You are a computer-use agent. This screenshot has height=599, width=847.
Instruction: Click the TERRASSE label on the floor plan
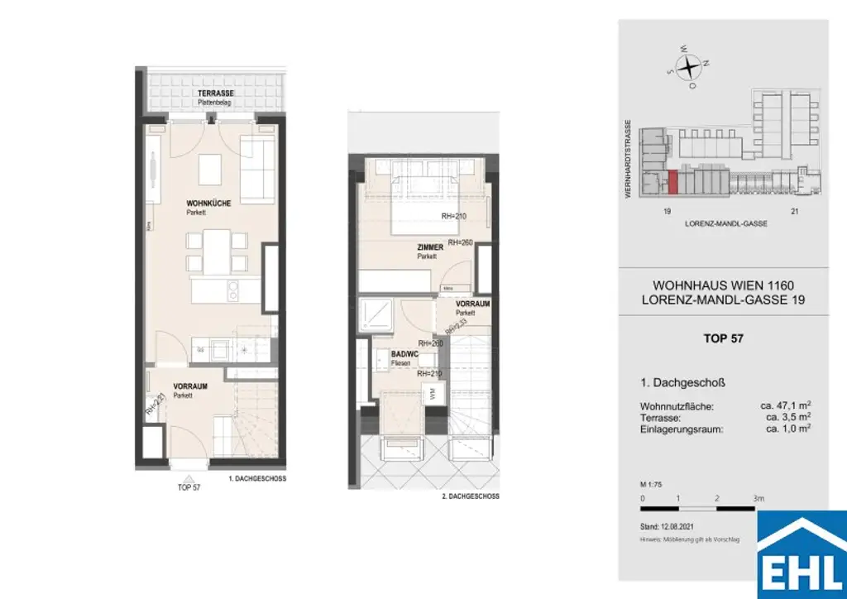click(215, 93)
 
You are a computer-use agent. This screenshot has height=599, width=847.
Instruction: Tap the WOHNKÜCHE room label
click(203, 204)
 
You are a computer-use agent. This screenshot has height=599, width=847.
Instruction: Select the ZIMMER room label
click(430, 247)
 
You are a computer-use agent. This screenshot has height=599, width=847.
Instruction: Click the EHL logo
click(802, 555)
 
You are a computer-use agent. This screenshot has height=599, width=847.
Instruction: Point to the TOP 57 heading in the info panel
click(722, 338)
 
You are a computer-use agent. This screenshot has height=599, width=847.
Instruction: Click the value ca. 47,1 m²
click(785, 406)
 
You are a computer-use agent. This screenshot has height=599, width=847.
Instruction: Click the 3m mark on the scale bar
click(758, 499)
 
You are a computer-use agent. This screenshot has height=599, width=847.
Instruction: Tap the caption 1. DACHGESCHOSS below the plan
click(257, 479)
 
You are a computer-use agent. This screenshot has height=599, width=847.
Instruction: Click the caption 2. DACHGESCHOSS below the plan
click(471, 496)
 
